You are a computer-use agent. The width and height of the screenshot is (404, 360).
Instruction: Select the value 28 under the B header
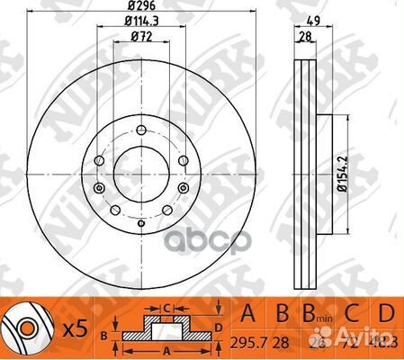click(x=285, y=343)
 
